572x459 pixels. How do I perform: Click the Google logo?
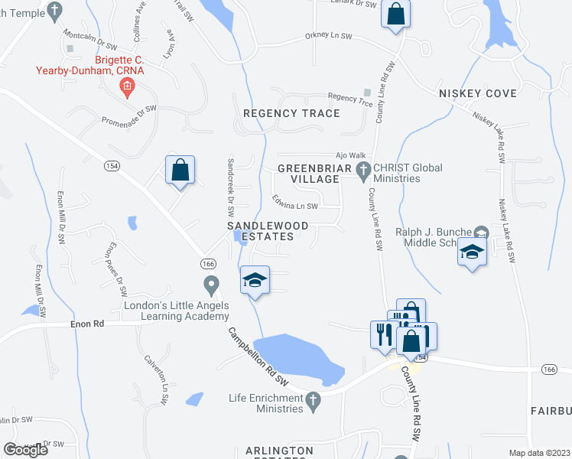pos(25,449)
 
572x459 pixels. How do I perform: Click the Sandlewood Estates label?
pos(268,231)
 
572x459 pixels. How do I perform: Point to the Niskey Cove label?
pos(478,93)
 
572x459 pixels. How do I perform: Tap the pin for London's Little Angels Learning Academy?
pos(212,287)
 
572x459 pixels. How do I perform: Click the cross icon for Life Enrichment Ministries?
pos(312,399)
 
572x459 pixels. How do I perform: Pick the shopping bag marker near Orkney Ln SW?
pos(396,15)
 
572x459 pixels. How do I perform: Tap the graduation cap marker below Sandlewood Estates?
pos(255,281)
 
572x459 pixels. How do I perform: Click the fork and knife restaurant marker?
pos(382,334)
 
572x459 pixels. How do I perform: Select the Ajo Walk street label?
pos(346,154)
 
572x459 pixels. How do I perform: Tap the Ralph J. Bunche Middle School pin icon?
pos(481,232)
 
